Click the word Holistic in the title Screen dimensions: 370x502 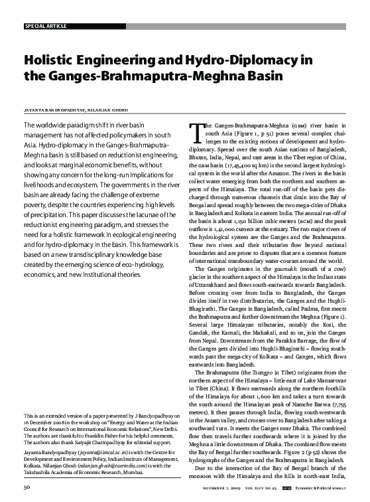50,60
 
